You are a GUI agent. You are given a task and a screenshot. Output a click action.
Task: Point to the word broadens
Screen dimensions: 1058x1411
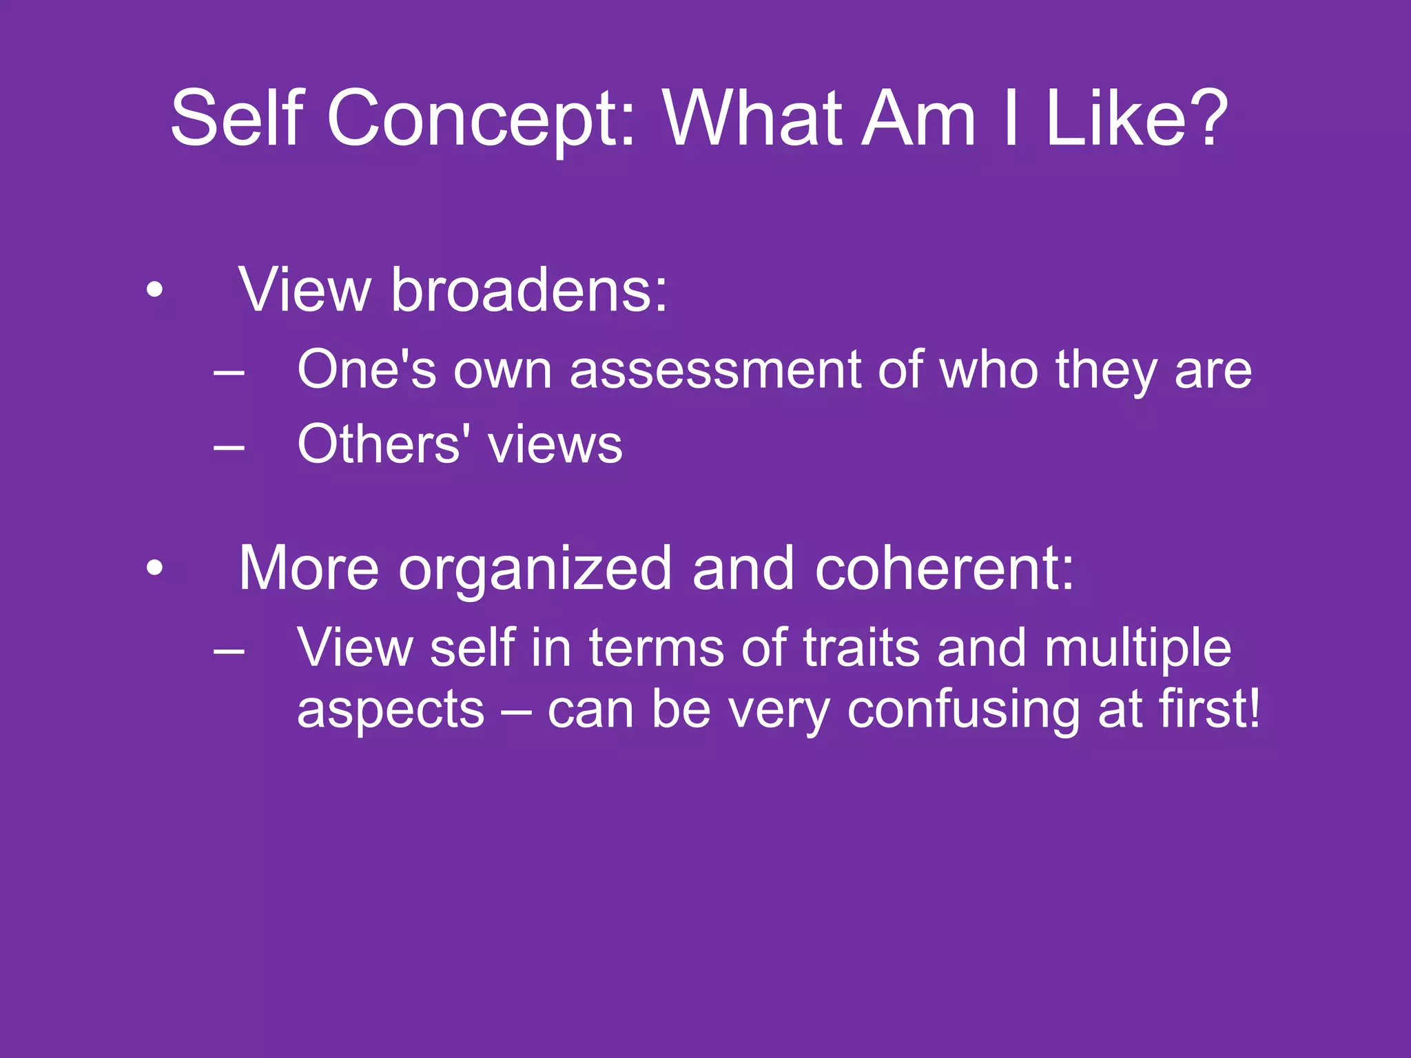(x=529, y=291)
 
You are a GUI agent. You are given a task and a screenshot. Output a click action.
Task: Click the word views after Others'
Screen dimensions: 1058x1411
(x=555, y=446)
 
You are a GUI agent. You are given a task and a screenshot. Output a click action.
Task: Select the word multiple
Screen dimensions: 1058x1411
(x=1137, y=649)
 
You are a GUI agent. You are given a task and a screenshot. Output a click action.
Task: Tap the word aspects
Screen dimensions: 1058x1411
(x=391, y=711)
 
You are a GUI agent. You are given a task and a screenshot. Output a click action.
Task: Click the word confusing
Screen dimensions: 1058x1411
(x=963, y=711)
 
